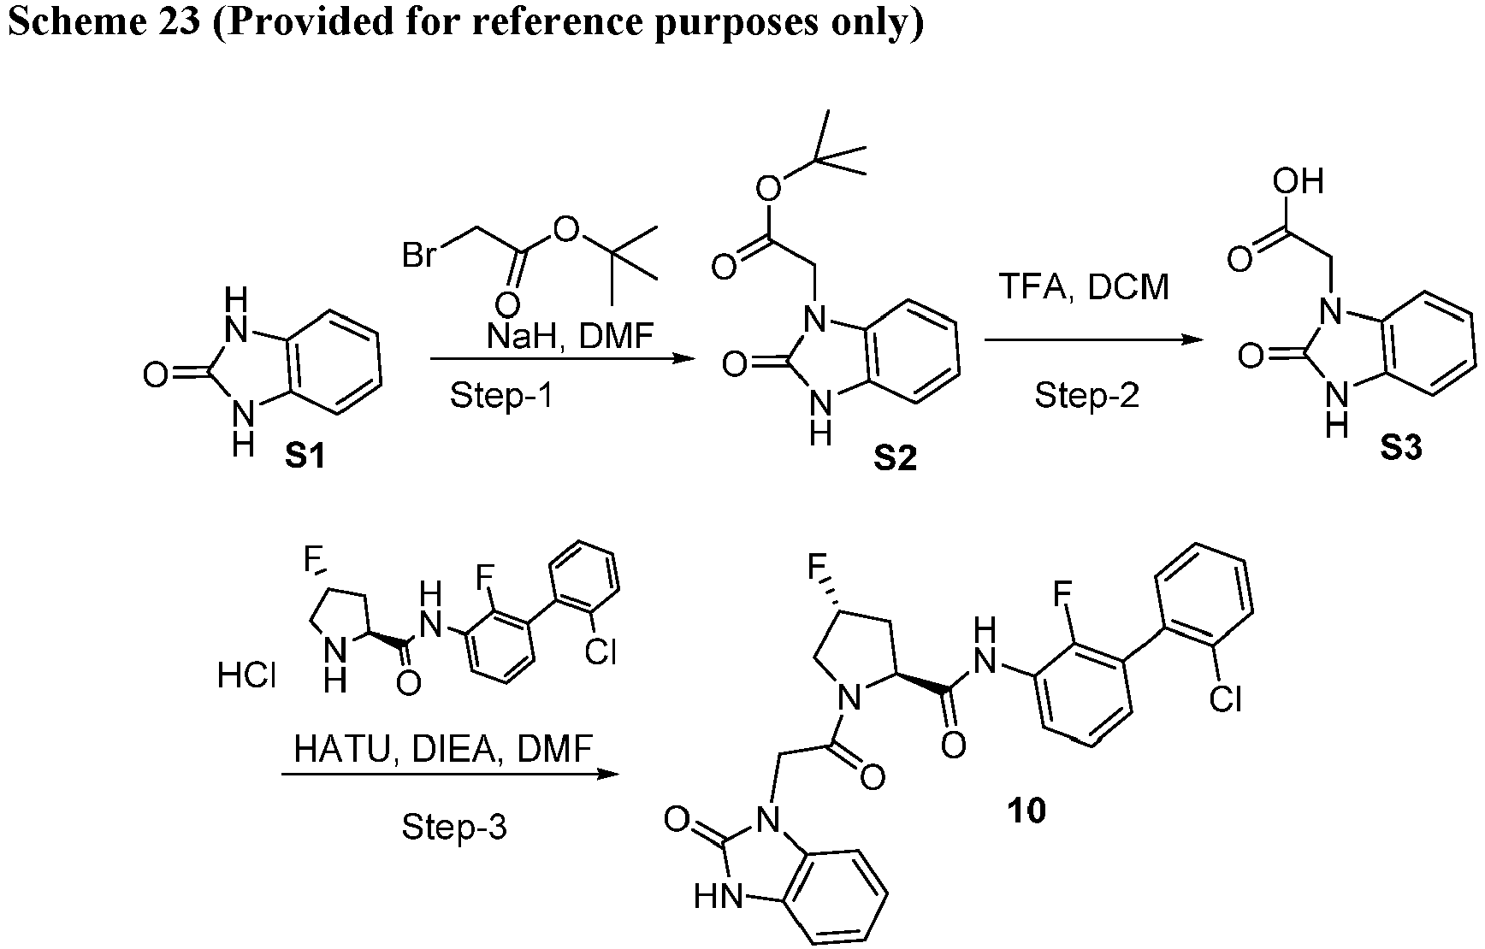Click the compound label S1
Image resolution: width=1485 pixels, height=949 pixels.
click(305, 457)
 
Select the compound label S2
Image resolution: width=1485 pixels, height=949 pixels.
click(895, 459)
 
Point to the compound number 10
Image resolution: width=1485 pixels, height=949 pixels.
click(1026, 810)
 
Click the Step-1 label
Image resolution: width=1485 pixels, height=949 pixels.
click(501, 396)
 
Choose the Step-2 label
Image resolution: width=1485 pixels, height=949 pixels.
click(1087, 395)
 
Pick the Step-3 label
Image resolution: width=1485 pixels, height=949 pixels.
click(454, 827)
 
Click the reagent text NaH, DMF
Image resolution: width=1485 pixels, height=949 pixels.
click(570, 336)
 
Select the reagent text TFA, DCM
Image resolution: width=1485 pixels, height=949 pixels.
click(1084, 287)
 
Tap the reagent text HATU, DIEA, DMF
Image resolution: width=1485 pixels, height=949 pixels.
click(443, 750)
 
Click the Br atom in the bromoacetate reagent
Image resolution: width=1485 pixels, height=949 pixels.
click(420, 254)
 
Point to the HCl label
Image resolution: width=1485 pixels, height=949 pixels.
click(246, 676)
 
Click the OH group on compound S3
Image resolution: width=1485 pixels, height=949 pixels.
click(1298, 181)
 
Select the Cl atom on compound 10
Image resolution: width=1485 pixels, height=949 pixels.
click(1225, 700)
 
